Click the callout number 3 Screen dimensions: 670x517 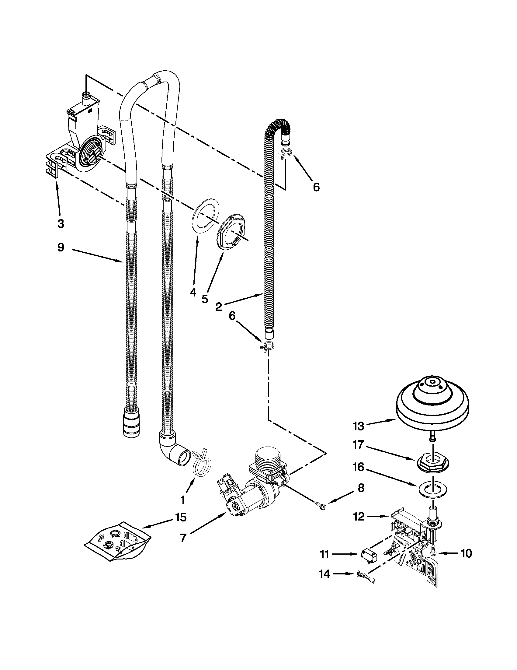pos(61,224)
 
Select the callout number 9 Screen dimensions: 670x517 pos(61,247)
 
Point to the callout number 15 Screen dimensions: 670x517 pos(181,518)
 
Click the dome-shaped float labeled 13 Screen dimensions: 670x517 pos(432,405)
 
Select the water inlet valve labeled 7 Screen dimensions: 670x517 pos(254,487)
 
